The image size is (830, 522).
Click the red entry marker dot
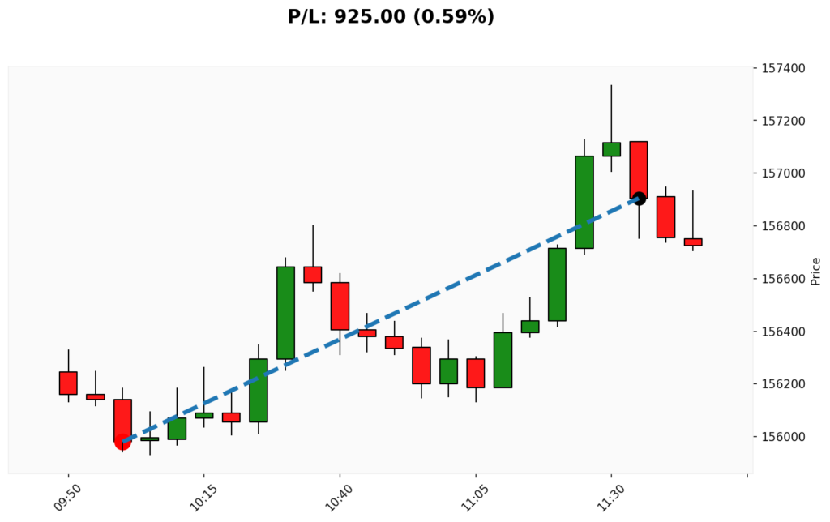tap(122, 442)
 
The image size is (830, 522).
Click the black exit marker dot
tap(639, 199)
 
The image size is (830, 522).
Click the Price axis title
tap(815, 271)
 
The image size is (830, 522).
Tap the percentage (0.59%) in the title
tap(454, 16)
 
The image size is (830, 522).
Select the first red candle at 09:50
tap(68, 383)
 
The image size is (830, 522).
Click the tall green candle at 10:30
tap(285, 312)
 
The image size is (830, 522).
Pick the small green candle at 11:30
tap(611, 149)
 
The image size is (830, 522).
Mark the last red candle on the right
tap(693, 242)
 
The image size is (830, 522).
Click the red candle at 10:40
tap(340, 306)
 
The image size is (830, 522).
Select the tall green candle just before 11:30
tap(584, 202)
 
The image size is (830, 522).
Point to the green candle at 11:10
tap(503, 360)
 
